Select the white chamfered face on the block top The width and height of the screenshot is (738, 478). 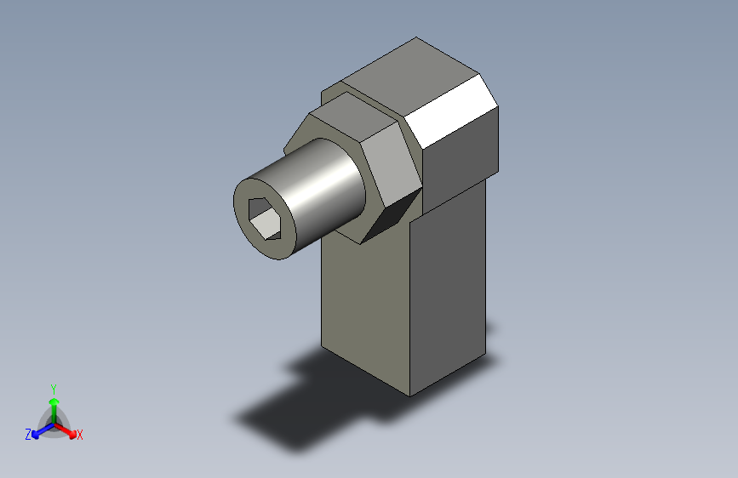pyautogui.click(x=451, y=110)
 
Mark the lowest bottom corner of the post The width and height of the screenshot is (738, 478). pyautogui.click(x=410, y=395)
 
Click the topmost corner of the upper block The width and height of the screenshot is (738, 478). pyautogui.click(x=416, y=38)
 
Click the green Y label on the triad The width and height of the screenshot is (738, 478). pyautogui.click(x=53, y=387)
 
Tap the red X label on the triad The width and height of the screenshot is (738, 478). pyautogui.click(x=80, y=435)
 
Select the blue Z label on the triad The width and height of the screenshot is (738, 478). pyautogui.click(x=28, y=435)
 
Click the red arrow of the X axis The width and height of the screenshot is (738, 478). pyautogui.click(x=68, y=429)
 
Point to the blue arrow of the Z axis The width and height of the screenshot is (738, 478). pyautogui.click(x=39, y=430)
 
